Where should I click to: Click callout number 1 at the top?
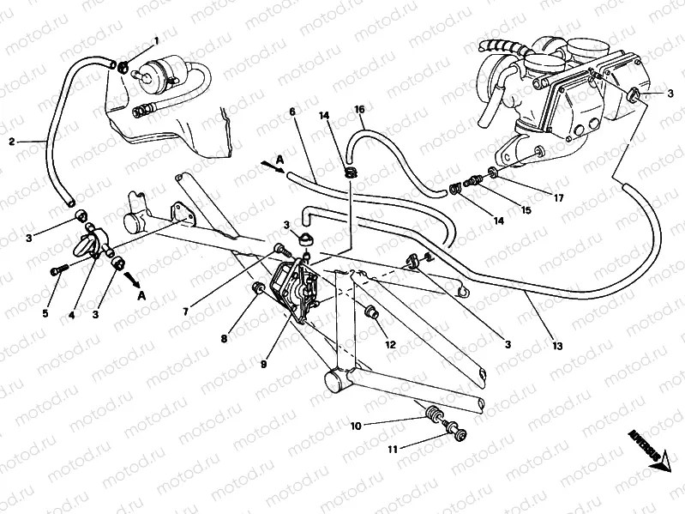tap(156, 41)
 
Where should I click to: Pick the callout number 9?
tap(265, 364)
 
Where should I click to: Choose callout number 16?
tap(359, 109)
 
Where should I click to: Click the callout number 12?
tap(390, 344)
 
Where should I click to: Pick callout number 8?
tap(224, 339)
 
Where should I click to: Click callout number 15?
tap(526, 209)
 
